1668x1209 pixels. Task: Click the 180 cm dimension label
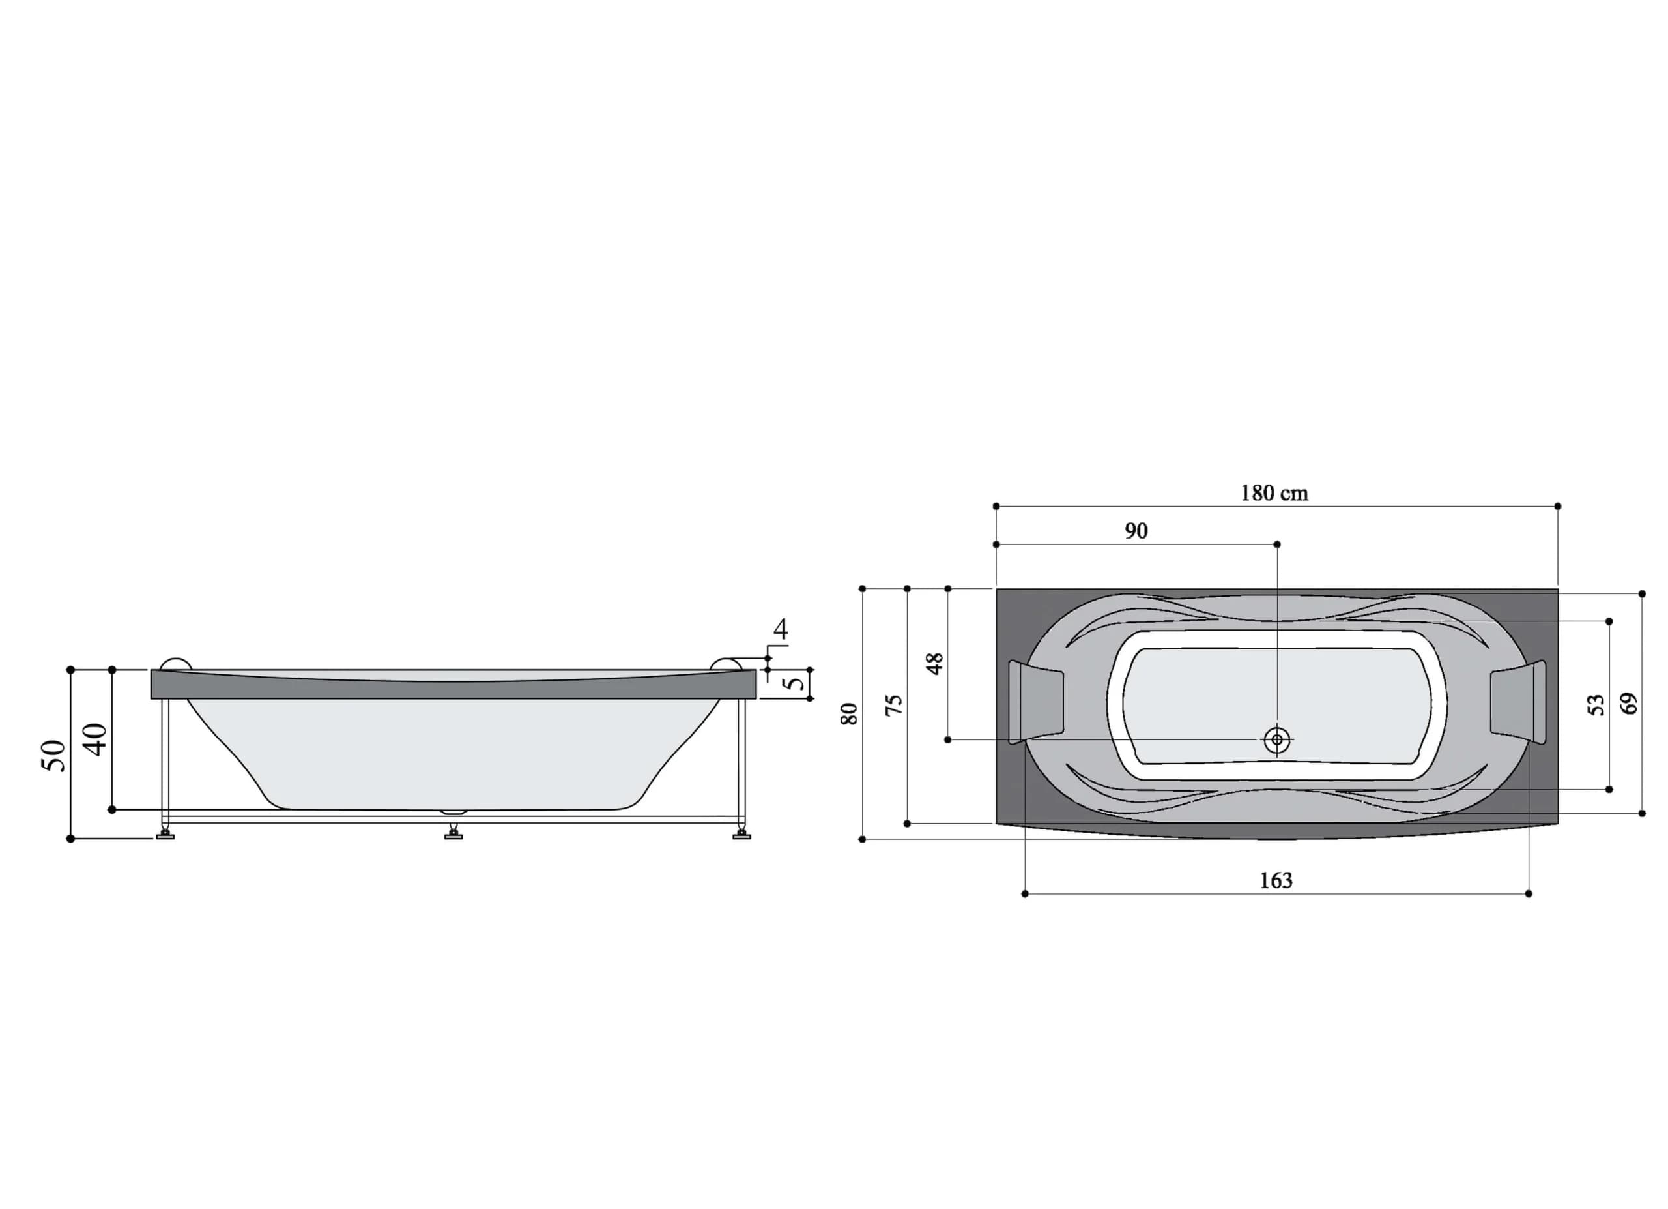tap(1274, 493)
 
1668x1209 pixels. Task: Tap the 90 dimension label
tap(1136, 531)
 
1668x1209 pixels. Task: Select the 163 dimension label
tap(1276, 880)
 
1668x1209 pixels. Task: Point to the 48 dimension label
tap(934, 663)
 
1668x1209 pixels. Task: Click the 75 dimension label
tap(893, 705)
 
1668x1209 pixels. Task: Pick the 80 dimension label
tap(849, 714)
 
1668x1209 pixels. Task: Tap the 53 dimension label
tap(1596, 705)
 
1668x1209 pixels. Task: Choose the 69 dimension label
tap(1630, 704)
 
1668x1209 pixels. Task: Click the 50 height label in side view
tap(53, 755)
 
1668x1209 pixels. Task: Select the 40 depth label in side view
tap(95, 739)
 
